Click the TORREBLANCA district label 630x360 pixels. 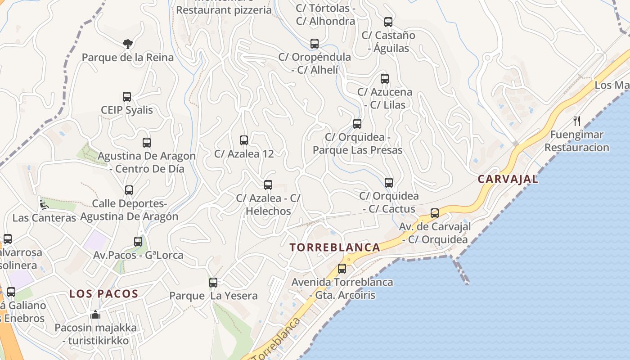click(x=335, y=247)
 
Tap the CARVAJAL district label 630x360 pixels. click(x=508, y=179)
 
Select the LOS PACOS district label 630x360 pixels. click(x=103, y=294)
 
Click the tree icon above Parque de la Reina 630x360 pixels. click(x=128, y=44)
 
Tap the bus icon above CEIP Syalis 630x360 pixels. click(x=127, y=97)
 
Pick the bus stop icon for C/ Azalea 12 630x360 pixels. click(x=244, y=140)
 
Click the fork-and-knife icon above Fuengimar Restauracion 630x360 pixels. click(x=577, y=121)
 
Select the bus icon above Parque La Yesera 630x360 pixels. click(x=213, y=283)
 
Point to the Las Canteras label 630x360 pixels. click(x=44, y=218)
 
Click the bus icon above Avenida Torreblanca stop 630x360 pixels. click(x=342, y=269)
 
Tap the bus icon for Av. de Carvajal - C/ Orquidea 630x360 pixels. click(x=435, y=213)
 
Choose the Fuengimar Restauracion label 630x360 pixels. click(x=576, y=141)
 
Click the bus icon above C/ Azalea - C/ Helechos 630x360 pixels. click(x=268, y=185)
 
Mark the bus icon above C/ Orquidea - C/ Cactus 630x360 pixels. click(x=389, y=183)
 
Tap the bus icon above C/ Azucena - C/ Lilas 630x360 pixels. click(x=385, y=79)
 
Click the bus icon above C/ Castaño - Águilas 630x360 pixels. click(x=388, y=22)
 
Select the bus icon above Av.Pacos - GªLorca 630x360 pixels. click(x=138, y=242)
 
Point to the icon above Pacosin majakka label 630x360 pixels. click(x=95, y=315)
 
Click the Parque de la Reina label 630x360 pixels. click(x=128, y=58)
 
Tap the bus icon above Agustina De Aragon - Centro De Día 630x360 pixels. click(x=147, y=143)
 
